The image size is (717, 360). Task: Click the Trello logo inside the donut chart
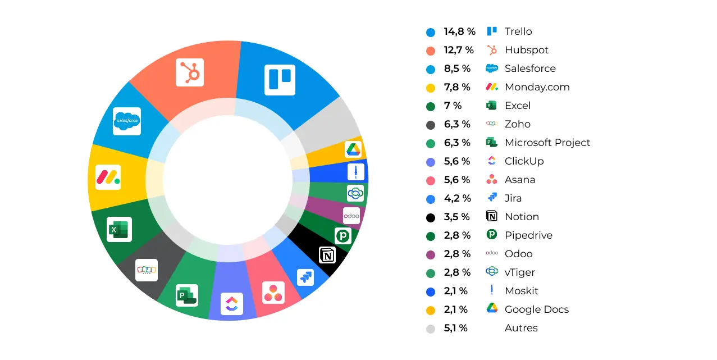point(280,80)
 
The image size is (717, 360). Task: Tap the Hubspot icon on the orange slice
point(190,72)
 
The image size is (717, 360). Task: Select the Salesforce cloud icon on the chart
point(127,121)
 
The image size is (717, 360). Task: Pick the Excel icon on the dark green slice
point(119,229)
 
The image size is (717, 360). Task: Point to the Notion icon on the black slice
point(327,255)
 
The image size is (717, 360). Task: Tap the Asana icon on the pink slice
point(273,292)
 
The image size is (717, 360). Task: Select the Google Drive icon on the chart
point(353,149)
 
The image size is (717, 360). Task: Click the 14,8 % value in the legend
point(459,31)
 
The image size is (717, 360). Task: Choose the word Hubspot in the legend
point(526,50)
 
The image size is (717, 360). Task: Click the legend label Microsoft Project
point(547,143)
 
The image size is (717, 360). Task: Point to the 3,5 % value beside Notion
point(457,217)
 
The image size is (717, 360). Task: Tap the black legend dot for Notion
point(431,217)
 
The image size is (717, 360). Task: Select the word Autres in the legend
point(520,328)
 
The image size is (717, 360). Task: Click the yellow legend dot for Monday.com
point(431,88)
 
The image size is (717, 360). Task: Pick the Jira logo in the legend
point(492,198)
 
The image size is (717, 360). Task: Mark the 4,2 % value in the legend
point(457,198)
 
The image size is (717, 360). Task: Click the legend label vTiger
point(519,272)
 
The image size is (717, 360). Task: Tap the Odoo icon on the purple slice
point(351,216)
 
